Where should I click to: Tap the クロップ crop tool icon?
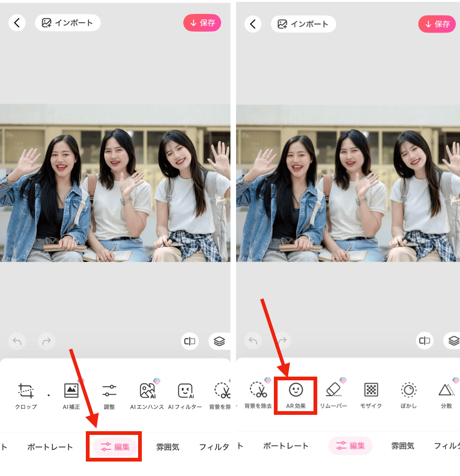[26, 390]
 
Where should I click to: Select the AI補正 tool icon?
[71, 390]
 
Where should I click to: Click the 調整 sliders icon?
[109, 390]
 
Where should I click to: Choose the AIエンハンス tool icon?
[147, 390]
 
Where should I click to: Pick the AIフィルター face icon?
[185, 390]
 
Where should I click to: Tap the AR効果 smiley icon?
[296, 389]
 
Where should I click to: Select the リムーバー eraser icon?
[334, 389]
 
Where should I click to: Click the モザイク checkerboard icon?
[371, 389]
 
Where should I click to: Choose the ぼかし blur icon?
[409, 389]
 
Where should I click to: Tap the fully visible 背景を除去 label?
[258, 406]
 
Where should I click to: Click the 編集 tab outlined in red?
[115, 447]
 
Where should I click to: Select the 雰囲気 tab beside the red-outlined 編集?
[167, 447]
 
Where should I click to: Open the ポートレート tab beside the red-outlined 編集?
[50, 447]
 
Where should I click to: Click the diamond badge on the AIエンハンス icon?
[156, 381]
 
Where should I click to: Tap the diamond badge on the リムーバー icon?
[343, 380]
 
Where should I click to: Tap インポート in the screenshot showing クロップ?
[68, 22]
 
